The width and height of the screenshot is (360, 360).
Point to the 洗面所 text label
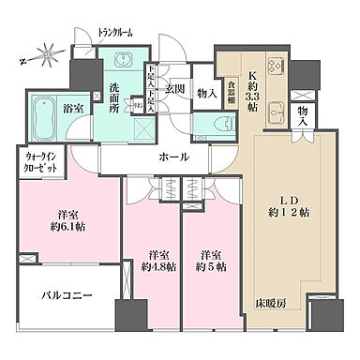tap(110, 97)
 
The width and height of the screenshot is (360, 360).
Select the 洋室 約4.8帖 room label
tap(155, 260)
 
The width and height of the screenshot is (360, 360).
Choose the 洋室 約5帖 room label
tap(211, 260)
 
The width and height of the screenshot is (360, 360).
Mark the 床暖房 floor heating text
tap(272, 305)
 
